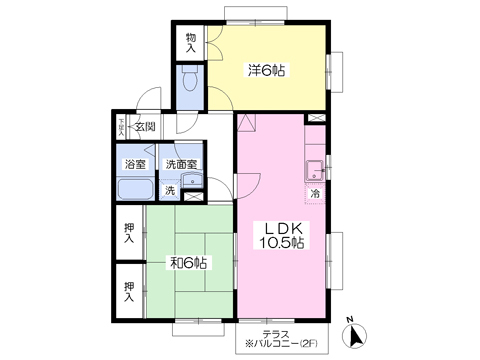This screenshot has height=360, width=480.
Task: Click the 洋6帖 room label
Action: tap(266, 70)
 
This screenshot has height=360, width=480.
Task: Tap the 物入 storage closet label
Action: tap(190, 43)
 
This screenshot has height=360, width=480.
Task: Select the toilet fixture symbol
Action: tap(190, 81)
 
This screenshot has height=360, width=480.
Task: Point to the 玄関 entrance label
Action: tap(146, 128)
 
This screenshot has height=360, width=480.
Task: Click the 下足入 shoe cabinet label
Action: tap(121, 126)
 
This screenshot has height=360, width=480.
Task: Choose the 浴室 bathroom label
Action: tap(134, 164)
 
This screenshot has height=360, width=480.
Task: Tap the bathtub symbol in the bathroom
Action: tap(135, 190)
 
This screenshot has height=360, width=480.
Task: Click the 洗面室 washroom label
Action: tap(181, 164)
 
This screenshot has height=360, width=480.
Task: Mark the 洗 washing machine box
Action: tap(170, 190)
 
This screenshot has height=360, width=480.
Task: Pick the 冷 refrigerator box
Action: tap(314, 193)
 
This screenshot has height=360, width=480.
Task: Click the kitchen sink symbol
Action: tap(314, 167)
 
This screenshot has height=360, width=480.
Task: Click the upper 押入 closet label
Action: tap(129, 233)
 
